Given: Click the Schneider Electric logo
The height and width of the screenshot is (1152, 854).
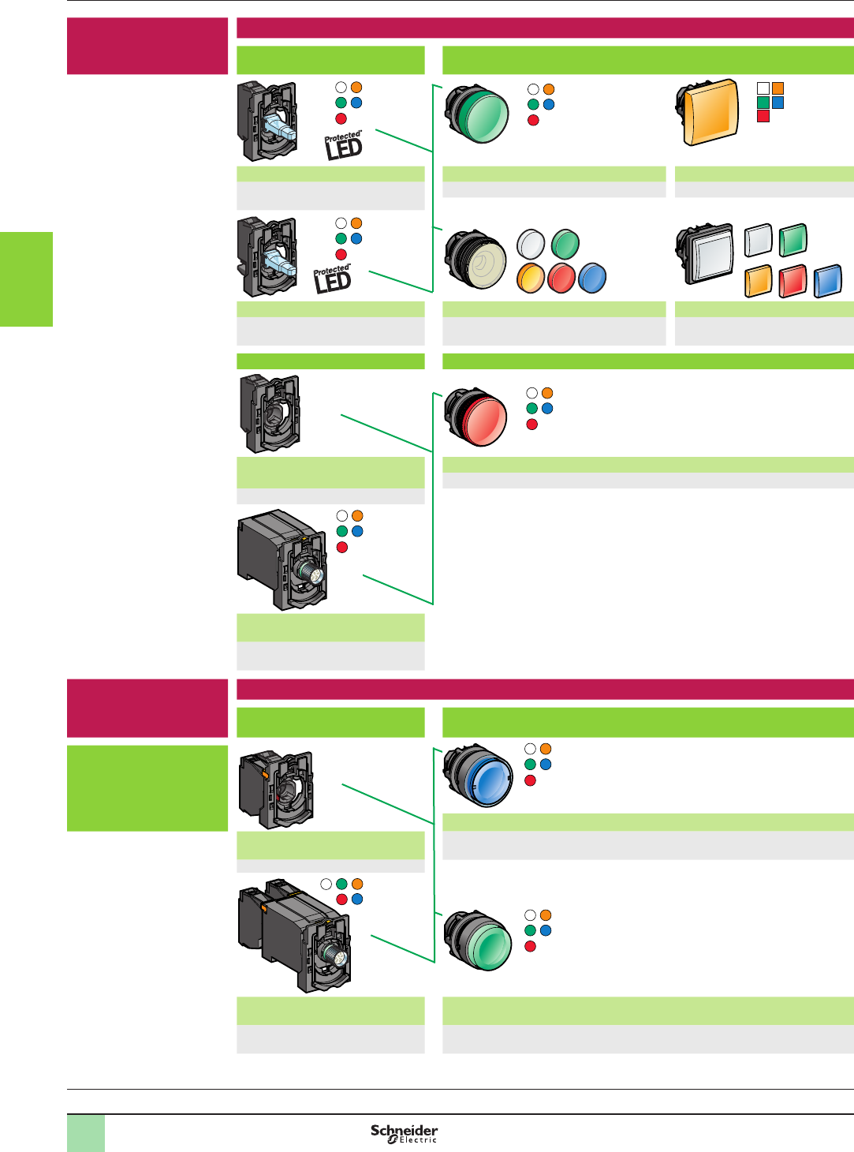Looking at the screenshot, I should (x=404, y=1134).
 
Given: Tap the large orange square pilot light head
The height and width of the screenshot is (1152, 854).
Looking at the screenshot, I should (x=709, y=112).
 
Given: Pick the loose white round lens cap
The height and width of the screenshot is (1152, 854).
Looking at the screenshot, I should (x=531, y=245).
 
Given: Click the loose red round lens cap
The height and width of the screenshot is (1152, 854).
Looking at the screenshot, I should (x=561, y=278).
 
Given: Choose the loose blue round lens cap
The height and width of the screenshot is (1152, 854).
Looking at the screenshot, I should (x=592, y=278).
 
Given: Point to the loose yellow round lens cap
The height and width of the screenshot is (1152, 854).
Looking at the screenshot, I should (x=531, y=278).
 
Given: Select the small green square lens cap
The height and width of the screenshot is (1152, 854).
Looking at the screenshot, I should (x=792, y=241).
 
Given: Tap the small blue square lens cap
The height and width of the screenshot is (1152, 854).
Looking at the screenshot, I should (x=827, y=281).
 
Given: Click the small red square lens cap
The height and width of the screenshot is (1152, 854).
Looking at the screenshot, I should (x=792, y=281).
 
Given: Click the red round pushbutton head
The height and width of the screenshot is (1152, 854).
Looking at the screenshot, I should (x=477, y=417).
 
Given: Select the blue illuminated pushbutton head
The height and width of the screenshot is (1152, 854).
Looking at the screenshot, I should (x=479, y=775).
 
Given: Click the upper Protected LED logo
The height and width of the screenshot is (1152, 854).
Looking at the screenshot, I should (x=344, y=145).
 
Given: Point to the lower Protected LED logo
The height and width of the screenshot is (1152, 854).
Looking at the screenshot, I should (x=333, y=280).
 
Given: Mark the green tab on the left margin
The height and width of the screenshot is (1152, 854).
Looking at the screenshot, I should (x=26, y=279).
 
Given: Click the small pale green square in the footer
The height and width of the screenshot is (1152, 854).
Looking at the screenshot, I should (x=86, y=1133).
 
